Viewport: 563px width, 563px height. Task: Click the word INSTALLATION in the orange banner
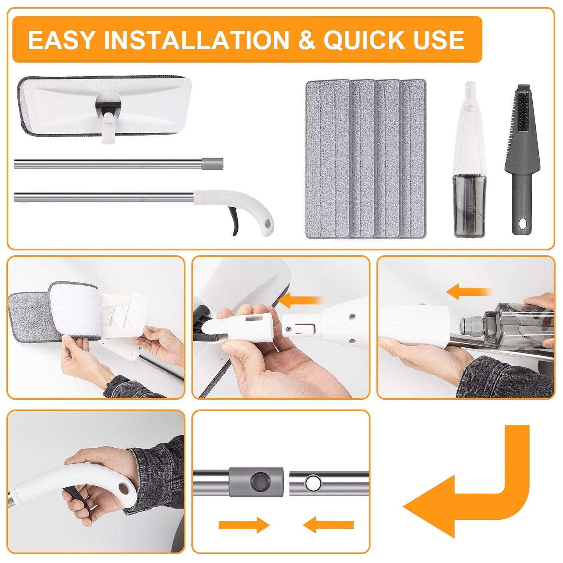point(196,40)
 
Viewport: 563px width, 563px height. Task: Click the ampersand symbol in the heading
point(307,40)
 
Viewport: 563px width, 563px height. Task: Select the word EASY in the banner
point(61,40)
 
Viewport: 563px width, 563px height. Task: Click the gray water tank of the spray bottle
point(469,206)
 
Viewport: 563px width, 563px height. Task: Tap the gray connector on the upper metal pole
point(212,164)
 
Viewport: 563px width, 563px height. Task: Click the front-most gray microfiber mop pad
point(328,159)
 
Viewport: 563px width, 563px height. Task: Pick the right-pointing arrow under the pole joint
point(244,525)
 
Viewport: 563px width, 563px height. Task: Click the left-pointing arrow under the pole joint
point(328,525)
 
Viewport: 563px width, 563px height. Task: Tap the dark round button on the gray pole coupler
point(259,482)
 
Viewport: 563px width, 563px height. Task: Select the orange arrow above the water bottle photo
point(469,291)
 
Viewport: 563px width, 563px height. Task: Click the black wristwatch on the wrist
point(116,386)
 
